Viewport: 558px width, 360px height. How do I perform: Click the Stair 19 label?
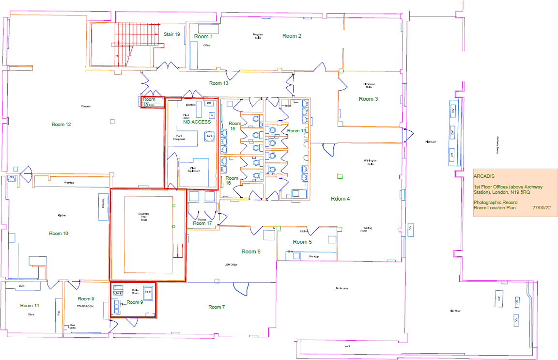171,34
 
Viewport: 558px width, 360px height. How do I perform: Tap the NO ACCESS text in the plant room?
197,122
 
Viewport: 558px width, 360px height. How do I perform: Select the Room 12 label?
62,125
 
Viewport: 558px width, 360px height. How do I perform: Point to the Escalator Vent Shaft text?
143,217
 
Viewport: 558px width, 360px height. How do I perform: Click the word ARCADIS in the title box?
484,176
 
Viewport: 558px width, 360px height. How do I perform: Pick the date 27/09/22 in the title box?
542,207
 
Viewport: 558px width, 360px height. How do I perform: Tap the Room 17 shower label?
202,223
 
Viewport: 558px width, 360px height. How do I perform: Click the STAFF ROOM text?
84,307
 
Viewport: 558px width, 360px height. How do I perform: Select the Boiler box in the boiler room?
148,292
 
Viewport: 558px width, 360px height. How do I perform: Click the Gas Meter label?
73,326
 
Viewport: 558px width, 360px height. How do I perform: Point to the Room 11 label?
30,306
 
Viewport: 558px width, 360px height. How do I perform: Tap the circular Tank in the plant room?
210,137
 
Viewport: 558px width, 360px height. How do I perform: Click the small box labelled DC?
209,103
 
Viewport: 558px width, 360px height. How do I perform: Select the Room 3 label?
368,99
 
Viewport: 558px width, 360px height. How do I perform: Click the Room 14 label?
296,131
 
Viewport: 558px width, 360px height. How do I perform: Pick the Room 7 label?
217,307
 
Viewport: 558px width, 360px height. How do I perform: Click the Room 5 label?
302,242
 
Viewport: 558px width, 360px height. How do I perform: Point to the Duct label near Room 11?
22,286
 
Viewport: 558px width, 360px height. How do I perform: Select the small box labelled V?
212,115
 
